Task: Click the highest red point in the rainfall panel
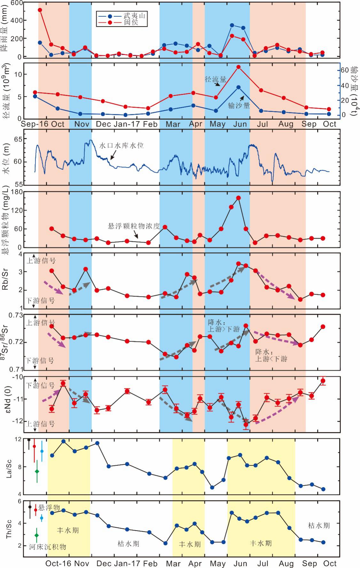point(40,10)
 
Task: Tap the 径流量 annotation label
point(215,79)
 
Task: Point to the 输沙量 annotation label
point(239,105)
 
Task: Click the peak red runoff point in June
point(238,67)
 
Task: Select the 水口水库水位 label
point(121,146)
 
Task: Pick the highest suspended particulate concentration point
point(238,198)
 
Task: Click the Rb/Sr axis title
point(6,280)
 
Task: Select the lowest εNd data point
point(246,424)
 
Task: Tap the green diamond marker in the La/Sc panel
point(37,471)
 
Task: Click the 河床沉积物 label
point(48,547)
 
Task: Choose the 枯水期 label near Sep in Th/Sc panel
point(319,525)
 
